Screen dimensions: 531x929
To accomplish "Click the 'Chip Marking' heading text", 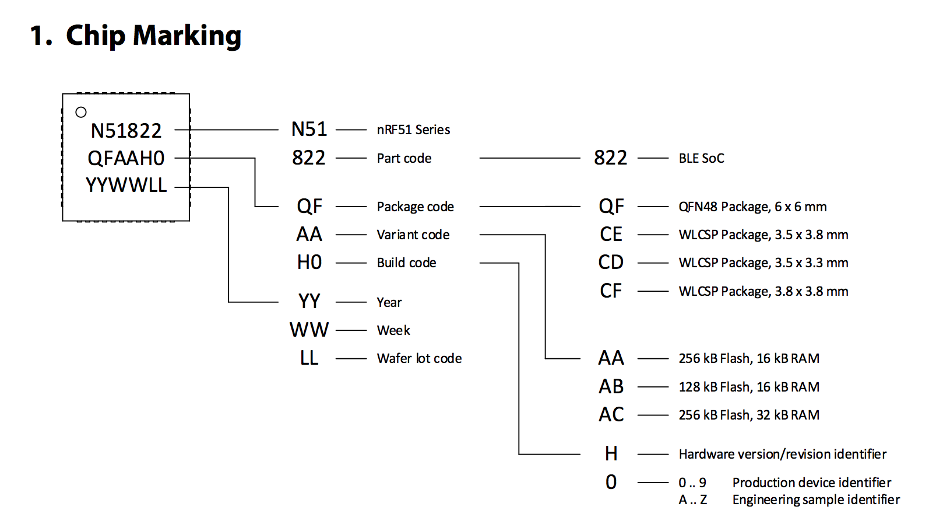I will tap(153, 36).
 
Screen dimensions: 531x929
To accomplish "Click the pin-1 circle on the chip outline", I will tap(81, 112).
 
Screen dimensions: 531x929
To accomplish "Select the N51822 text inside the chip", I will tap(126, 131).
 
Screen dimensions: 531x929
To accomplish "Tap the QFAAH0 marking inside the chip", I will tap(126, 158).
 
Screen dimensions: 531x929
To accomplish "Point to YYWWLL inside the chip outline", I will tap(126, 186).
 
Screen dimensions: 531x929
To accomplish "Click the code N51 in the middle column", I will tap(309, 130).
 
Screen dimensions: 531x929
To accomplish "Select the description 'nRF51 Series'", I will tap(413, 130).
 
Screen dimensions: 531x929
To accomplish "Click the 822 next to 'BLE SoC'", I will tap(610, 158).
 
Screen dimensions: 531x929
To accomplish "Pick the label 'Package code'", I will tap(415, 207).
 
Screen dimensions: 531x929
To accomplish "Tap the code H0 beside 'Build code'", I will tap(309, 263).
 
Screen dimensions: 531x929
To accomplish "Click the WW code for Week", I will tap(309, 330).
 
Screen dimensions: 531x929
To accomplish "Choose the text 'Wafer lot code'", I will tap(419, 358).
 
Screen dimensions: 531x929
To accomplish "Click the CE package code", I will tap(611, 235).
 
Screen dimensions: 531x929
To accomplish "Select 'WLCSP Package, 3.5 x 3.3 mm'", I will tap(763, 263).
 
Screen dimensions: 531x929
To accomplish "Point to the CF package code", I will tap(611, 291).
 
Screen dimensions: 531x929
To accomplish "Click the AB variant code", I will tap(611, 386).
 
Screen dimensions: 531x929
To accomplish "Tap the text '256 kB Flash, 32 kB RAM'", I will tap(749, 415).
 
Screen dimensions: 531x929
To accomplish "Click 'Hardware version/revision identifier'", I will tap(782, 454).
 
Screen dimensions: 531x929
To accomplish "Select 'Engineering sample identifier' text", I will tap(816, 499).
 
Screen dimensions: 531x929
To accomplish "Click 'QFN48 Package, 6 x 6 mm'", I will tap(752, 207).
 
